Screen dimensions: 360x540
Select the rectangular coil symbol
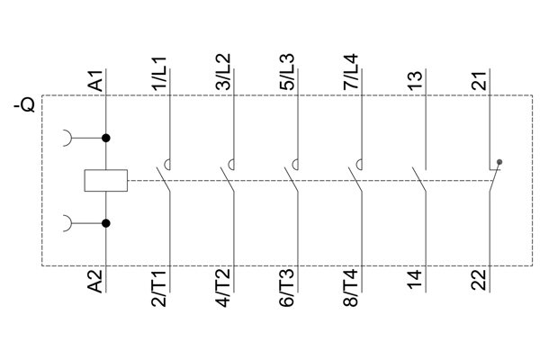point(106,180)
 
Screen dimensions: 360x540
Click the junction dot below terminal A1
point(106,138)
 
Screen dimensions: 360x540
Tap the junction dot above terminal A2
point(106,222)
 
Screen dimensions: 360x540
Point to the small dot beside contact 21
point(500,163)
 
